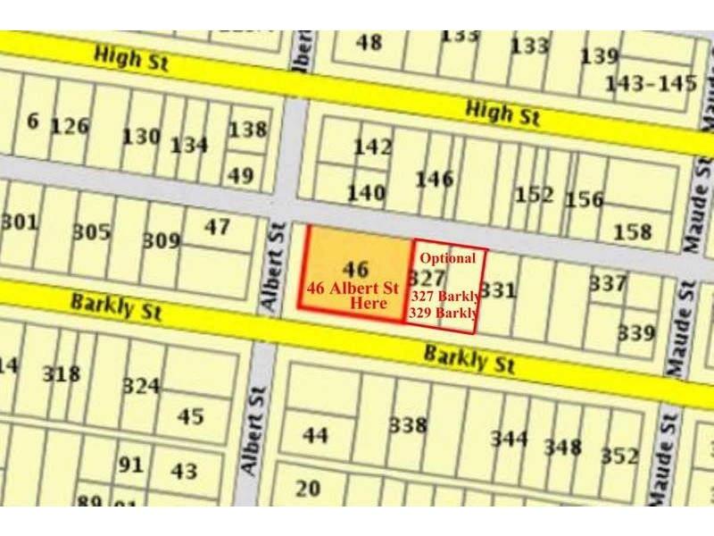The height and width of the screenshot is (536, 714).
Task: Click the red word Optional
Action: tap(448, 258)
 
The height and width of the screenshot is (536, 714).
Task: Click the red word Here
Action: tap(369, 304)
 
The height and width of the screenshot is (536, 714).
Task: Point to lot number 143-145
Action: tap(651, 84)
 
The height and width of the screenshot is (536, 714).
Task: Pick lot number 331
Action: tap(499, 290)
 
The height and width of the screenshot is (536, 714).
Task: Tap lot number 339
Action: tap(636, 333)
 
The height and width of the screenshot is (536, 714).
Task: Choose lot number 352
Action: tap(619, 456)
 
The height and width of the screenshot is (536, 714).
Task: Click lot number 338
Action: tap(408, 426)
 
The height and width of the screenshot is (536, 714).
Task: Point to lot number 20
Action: tap(307, 488)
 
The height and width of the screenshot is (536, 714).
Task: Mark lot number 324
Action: tap(141, 386)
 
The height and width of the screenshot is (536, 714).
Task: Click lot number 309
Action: tap(162, 240)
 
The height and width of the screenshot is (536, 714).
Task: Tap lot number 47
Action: tap(217, 227)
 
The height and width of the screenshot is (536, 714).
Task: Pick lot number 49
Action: tap(239, 176)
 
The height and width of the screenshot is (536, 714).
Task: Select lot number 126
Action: tap(70, 126)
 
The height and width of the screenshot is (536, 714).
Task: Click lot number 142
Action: tap(373, 147)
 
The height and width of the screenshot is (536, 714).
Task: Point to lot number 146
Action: tap(435, 180)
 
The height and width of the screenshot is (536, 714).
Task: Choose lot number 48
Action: tap(368, 42)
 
